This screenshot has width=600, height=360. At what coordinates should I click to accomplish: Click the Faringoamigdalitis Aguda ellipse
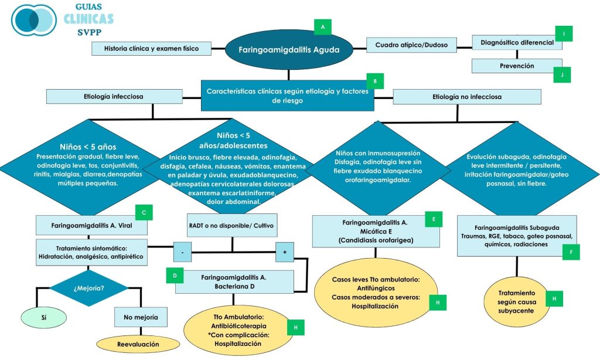(x=289, y=50)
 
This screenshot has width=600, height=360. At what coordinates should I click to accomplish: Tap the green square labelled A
(x=323, y=26)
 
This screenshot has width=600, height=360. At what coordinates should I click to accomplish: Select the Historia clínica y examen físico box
(x=151, y=48)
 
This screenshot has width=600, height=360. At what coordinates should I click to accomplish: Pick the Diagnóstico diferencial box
(x=516, y=43)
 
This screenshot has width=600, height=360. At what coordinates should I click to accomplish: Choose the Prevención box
(x=516, y=66)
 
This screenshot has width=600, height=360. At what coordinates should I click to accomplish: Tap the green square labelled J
(x=561, y=74)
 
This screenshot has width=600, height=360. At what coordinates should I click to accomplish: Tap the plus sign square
(x=285, y=252)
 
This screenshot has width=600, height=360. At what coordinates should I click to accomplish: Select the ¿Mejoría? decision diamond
(x=89, y=288)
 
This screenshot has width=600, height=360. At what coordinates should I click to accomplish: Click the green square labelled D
(x=175, y=274)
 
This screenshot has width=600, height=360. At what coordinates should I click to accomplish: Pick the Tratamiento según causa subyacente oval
(x=516, y=301)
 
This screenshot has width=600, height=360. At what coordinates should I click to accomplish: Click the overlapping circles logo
(x=33, y=20)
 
